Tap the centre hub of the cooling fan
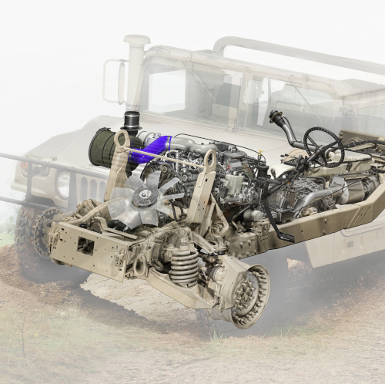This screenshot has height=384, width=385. pyautogui.click(x=143, y=197)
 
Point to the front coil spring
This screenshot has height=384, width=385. pyautogui.click(x=183, y=264)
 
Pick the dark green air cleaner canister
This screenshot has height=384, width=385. pyautogui.click(x=103, y=147)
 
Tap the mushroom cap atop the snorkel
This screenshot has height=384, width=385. pyautogui.click(x=136, y=40)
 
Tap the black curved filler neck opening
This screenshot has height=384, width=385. pyautogui.click(x=275, y=117)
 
